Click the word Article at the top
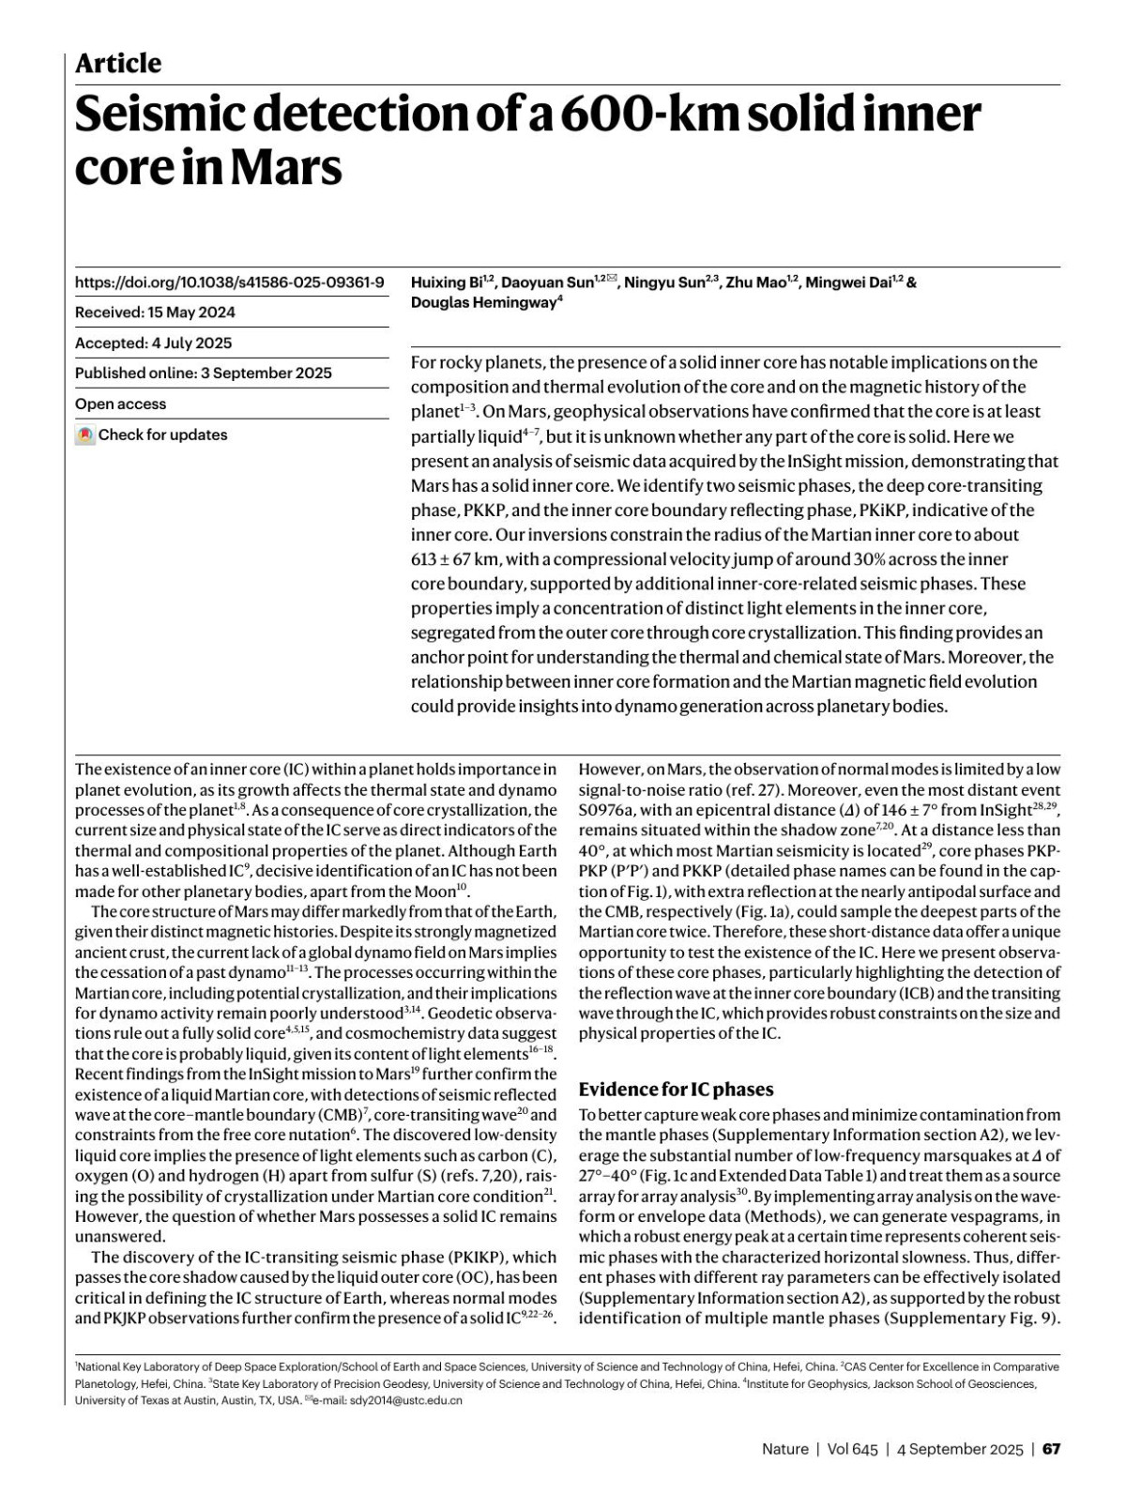[x=118, y=64]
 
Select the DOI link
[x=229, y=282]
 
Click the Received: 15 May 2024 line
[x=155, y=313]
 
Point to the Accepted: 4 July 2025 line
[x=153, y=343]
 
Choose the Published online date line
[x=203, y=374]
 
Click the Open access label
[x=120, y=404]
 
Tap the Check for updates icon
[x=85, y=435]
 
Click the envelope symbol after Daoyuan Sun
[x=612, y=280]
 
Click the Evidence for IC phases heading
[x=676, y=1090]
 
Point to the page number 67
[x=1052, y=1449]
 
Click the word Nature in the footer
[x=784, y=1449]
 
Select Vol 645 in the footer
[x=853, y=1449]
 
